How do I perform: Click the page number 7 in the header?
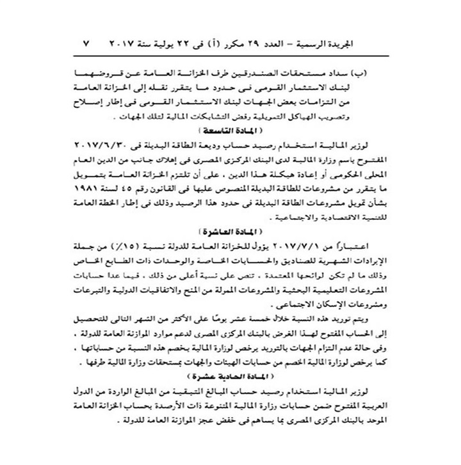[88, 47]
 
